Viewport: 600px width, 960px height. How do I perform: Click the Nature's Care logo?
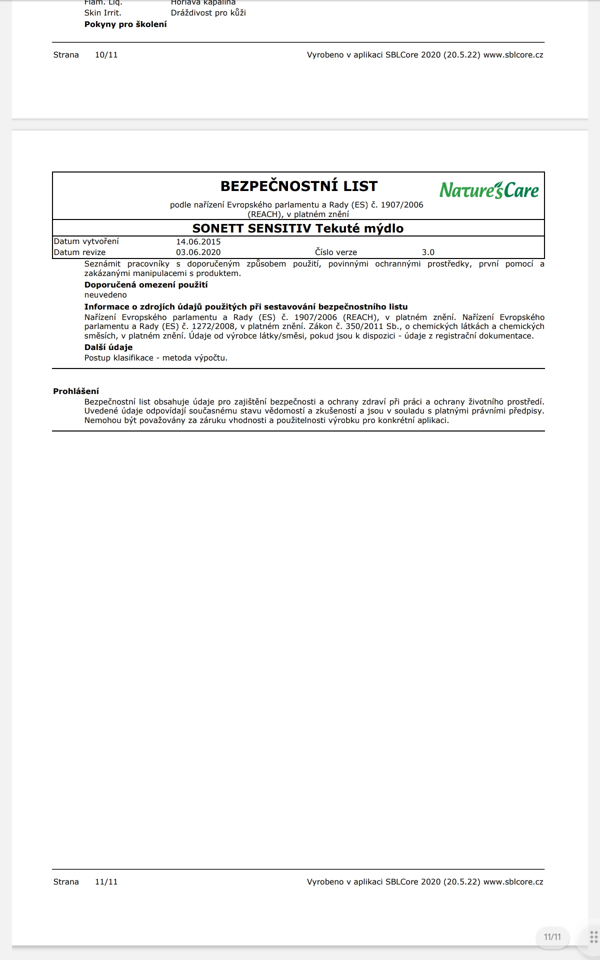coord(489,190)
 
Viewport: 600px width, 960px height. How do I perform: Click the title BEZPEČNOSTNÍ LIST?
coord(299,186)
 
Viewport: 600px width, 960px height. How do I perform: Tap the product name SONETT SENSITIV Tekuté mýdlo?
coord(298,228)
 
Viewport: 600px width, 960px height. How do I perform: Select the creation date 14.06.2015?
coord(198,241)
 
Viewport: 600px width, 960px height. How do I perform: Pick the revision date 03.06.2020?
coord(198,252)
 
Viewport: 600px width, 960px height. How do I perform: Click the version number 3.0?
coord(428,252)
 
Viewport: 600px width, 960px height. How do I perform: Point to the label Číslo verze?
coord(336,252)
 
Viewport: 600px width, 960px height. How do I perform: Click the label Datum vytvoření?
coord(86,241)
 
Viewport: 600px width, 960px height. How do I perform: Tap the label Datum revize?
coord(79,252)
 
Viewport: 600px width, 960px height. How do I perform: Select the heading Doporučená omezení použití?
coord(145,285)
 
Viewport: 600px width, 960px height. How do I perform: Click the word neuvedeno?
coord(105,295)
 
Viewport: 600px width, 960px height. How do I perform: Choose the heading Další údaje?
coord(108,347)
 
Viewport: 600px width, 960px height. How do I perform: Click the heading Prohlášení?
coord(76,391)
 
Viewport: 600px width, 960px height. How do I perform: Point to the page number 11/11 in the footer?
coord(106,882)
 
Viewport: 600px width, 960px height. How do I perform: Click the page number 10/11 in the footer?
coord(106,55)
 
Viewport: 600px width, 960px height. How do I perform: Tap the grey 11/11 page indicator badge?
coord(552,937)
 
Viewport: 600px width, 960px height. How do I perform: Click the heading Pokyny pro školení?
coord(125,24)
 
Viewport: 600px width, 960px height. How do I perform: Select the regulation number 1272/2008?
coord(213,326)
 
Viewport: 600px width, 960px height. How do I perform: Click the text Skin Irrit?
coord(102,13)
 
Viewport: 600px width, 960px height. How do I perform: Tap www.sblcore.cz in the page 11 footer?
coord(513,882)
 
